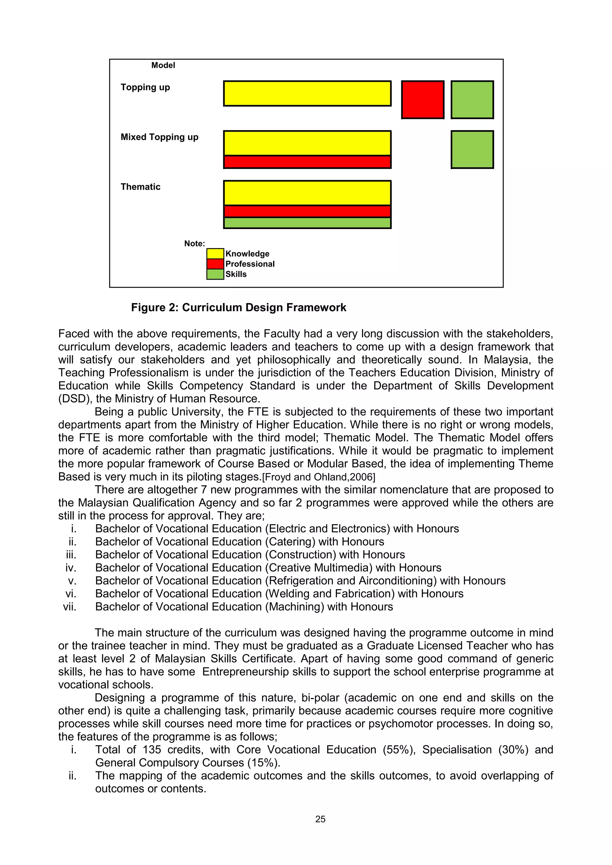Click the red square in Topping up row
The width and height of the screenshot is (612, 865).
(423, 100)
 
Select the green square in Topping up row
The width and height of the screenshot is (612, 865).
(472, 100)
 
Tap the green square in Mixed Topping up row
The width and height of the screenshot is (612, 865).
(472, 150)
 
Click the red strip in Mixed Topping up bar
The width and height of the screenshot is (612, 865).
(307, 162)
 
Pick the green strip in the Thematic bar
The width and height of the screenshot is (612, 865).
(307, 223)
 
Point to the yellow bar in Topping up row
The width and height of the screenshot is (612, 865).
(307, 93)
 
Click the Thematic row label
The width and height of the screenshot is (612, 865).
(140, 187)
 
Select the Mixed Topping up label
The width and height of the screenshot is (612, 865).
(159, 137)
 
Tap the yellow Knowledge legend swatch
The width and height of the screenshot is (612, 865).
(215, 254)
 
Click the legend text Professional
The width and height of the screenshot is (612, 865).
(250, 264)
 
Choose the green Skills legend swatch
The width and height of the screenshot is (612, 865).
(215, 274)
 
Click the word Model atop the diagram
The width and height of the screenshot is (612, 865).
(163, 65)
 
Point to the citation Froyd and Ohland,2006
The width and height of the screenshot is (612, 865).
(319, 477)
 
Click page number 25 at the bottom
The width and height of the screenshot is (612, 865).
(320, 819)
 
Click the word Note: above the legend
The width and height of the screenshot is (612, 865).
(195, 244)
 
